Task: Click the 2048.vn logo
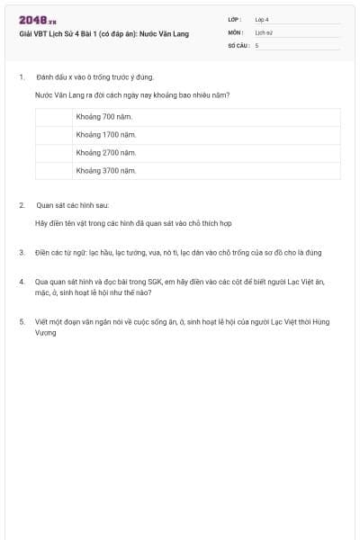pyautogui.click(x=37, y=20)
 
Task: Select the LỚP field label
pyautogui.click(x=235, y=19)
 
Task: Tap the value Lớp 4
pyautogui.click(x=262, y=19)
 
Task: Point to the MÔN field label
pyautogui.click(x=236, y=31)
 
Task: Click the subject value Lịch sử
pyautogui.click(x=264, y=31)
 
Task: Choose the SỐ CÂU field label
pyautogui.click(x=238, y=45)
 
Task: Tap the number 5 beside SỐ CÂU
pyautogui.click(x=256, y=45)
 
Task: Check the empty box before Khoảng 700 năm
pyautogui.click(x=53, y=118)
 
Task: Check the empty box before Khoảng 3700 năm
pyautogui.click(x=53, y=170)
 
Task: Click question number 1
pyautogui.click(x=21, y=77)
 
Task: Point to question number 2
pyautogui.click(x=21, y=205)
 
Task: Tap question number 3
pyautogui.click(x=21, y=252)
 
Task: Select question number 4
pyautogui.click(x=21, y=282)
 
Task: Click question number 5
pyautogui.click(x=21, y=321)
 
